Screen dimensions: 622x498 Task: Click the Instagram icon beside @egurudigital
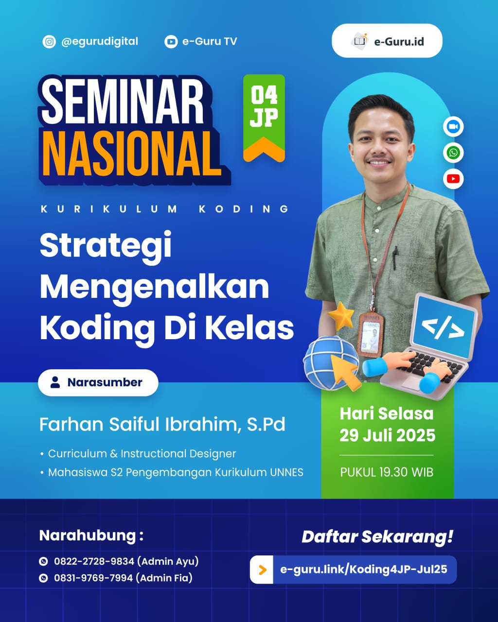pyautogui.click(x=49, y=42)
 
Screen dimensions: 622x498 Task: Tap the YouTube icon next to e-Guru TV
pyautogui.click(x=171, y=42)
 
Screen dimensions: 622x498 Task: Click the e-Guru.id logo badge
pyautogui.click(x=387, y=41)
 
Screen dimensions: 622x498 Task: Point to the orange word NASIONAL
pyautogui.click(x=131, y=153)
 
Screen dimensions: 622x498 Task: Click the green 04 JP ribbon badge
pyautogui.click(x=264, y=117)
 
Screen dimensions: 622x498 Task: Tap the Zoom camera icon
pyautogui.click(x=453, y=127)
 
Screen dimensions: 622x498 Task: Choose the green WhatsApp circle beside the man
pyautogui.click(x=453, y=153)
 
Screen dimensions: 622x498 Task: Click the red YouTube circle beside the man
pyautogui.click(x=453, y=179)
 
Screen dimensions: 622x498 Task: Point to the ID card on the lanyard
pyautogui.click(x=370, y=334)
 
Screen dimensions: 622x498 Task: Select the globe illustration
pyautogui.click(x=324, y=363)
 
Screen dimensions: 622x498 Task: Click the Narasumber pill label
pyautogui.click(x=98, y=382)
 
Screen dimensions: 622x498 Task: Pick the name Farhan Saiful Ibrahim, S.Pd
pyautogui.click(x=162, y=424)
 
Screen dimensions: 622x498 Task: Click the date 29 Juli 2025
pyautogui.click(x=387, y=435)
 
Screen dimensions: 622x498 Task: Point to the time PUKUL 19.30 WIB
pyautogui.click(x=387, y=472)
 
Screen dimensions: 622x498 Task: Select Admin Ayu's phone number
pyautogui.click(x=94, y=561)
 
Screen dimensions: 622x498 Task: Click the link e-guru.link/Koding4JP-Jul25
pyautogui.click(x=364, y=569)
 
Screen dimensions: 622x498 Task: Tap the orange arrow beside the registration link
pyautogui.click(x=263, y=570)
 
